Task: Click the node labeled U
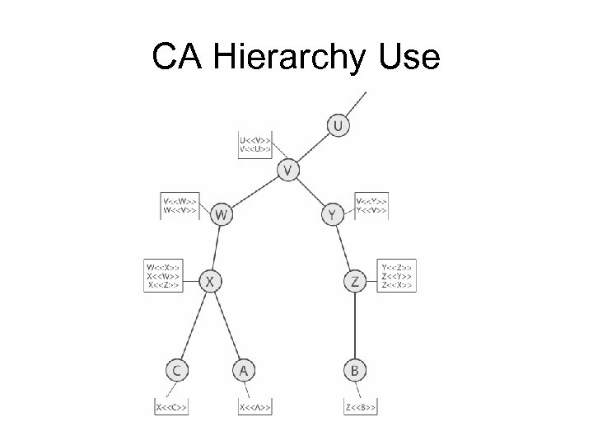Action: pos(338,126)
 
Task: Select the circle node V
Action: pos(287,171)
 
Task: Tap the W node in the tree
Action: pos(221,215)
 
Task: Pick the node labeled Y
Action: pos(331,215)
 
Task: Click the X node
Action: pos(210,282)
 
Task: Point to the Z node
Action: pos(354,282)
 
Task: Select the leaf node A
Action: pos(243,371)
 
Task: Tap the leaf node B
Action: pos(354,371)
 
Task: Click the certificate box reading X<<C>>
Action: pos(171,407)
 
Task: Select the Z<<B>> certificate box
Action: pos(361,407)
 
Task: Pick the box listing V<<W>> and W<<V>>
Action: pos(180,204)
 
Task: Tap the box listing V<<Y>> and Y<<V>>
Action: pos(371,204)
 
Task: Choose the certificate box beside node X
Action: pos(163,275)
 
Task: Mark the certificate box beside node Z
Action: pos(397,275)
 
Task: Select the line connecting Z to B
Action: pos(354,326)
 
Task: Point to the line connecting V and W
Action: pos(254,193)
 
